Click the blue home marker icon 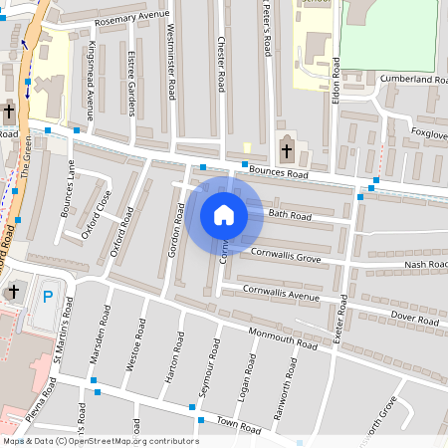pyautogui.click(x=224, y=215)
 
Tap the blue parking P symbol pyautogui.click(x=47, y=296)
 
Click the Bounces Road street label pyautogui.click(x=279, y=172)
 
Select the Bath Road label pyautogui.click(x=290, y=215)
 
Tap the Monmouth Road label pyautogui.click(x=282, y=338)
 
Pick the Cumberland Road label pyautogui.click(x=412, y=79)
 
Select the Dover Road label pyautogui.click(x=414, y=319)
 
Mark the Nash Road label pyautogui.click(x=426, y=265)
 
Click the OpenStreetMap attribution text pyautogui.click(x=101, y=441)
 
